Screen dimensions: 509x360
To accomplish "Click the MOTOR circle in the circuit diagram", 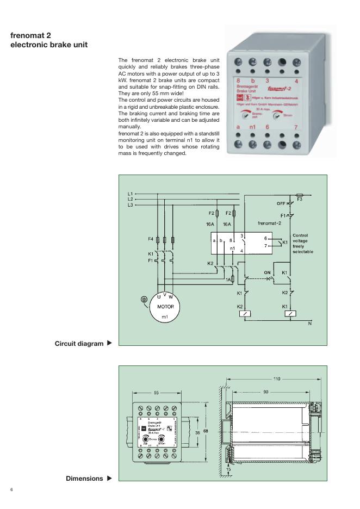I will (x=165, y=308).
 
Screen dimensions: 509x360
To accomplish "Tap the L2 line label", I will (x=130, y=200).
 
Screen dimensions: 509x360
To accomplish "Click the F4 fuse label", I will (x=151, y=239).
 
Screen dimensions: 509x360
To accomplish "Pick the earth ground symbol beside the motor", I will (x=144, y=299).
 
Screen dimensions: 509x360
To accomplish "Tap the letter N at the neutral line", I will (x=310, y=324).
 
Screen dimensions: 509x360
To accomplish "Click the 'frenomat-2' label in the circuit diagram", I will (x=269, y=223).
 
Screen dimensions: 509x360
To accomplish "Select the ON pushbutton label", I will (x=267, y=272).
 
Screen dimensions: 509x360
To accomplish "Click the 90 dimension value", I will (x=265, y=391).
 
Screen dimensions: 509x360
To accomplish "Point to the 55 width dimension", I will (x=156, y=392).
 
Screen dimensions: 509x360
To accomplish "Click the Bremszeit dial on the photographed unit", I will (x=246, y=115).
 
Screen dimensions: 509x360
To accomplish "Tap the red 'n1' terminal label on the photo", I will (x=252, y=127).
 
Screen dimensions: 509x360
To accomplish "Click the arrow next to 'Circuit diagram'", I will (x=109, y=343).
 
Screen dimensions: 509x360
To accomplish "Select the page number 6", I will (x=11, y=491).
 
